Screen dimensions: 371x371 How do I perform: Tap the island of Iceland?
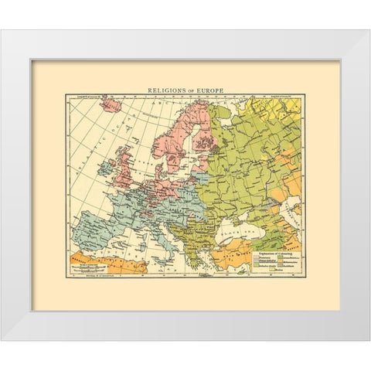110,104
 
